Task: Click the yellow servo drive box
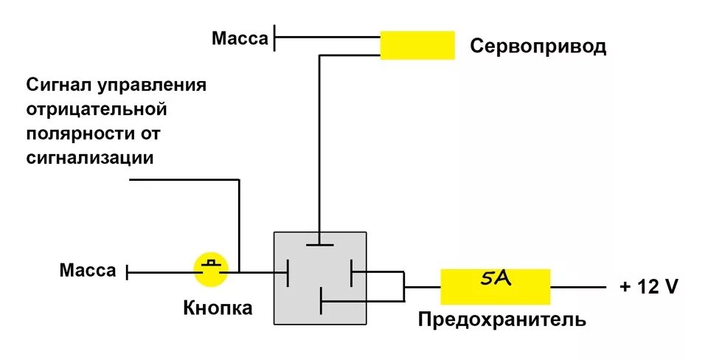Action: [x=417, y=45]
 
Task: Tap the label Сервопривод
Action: [x=538, y=47]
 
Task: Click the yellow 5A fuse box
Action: [x=496, y=286]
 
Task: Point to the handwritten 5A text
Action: [x=495, y=280]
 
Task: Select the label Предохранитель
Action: [x=502, y=320]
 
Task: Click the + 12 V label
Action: [x=648, y=287]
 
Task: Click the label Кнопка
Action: [x=218, y=308]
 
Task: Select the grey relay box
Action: [x=321, y=277]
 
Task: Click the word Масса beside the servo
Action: [x=240, y=38]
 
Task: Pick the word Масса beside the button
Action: [x=88, y=271]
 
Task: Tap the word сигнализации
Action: [x=91, y=158]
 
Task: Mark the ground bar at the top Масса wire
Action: [x=274, y=38]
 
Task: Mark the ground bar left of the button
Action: [x=127, y=272]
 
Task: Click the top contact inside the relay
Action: [x=319, y=244]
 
